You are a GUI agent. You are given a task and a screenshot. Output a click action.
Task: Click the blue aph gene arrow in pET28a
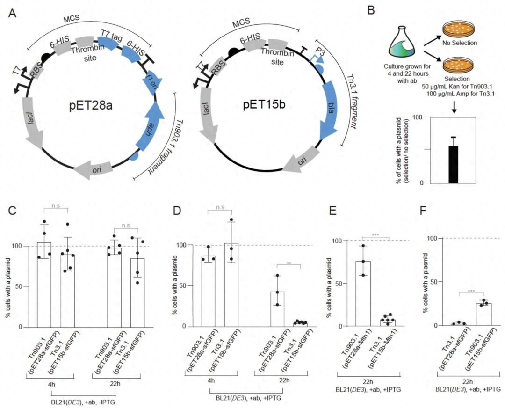click(x=149, y=129)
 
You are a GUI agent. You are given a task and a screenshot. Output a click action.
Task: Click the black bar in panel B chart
click(x=453, y=164)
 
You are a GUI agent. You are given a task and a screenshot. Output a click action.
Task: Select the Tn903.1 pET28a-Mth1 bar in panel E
click(x=363, y=293)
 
